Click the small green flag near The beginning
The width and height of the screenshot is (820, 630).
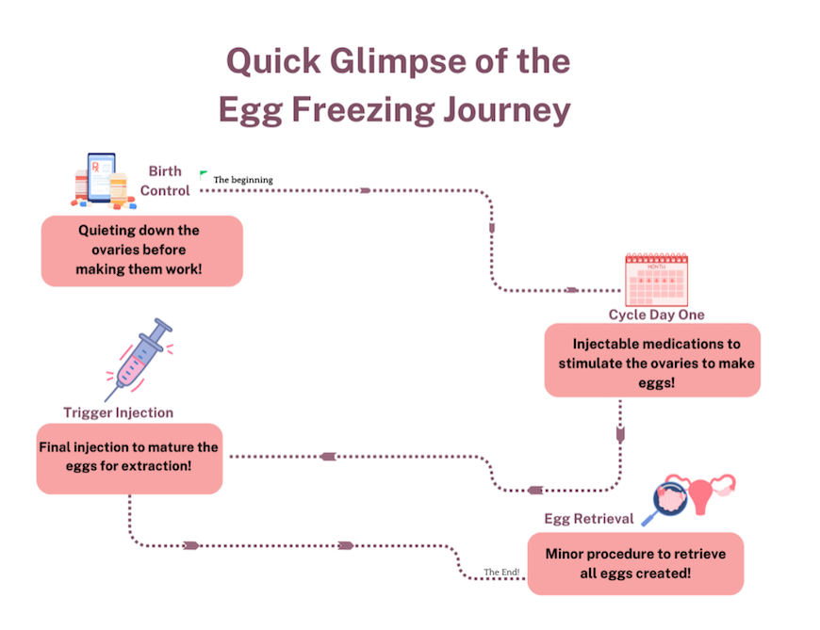(204, 174)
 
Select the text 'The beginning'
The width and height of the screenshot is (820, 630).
(243, 180)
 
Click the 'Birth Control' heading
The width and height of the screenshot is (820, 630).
(166, 181)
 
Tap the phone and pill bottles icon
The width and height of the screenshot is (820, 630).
(101, 180)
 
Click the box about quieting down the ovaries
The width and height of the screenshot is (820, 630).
(141, 250)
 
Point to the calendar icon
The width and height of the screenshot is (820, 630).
(657, 281)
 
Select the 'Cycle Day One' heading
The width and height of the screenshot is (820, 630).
(656, 315)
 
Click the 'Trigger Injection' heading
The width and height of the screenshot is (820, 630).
(119, 412)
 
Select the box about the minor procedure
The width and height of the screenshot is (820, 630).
(634, 563)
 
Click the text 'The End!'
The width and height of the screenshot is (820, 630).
(501, 572)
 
